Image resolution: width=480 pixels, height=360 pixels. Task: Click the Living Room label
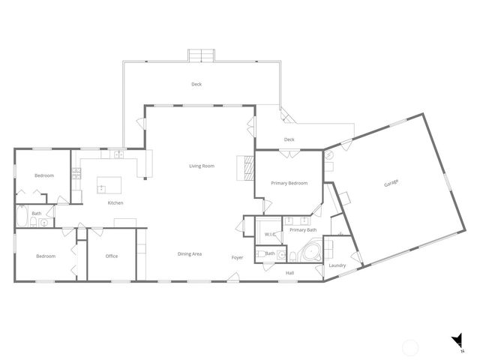point(202,166)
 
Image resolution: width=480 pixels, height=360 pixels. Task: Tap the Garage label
point(391,184)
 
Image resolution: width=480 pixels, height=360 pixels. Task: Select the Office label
point(112,256)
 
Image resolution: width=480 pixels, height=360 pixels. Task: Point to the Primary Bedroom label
point(289,183)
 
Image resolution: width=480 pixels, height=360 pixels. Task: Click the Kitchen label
point(115,203)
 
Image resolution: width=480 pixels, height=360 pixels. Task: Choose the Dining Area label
point(190,254)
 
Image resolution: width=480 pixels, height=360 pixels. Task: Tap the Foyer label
point(237,258)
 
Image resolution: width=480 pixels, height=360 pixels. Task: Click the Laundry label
point(337,265)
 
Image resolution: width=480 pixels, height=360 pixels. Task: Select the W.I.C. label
point(271,235)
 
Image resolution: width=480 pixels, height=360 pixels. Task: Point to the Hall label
point(290,273)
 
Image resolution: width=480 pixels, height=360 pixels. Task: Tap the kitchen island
point(109,184)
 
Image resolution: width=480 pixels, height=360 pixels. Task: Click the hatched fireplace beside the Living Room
point(242,167)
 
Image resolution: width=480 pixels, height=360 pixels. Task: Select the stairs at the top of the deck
point(201,56)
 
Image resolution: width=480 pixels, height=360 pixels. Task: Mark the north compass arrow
point(456,342)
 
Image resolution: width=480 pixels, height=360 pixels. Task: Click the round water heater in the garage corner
point(329,155)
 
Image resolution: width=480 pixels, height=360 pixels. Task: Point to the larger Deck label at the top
point(196,85)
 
